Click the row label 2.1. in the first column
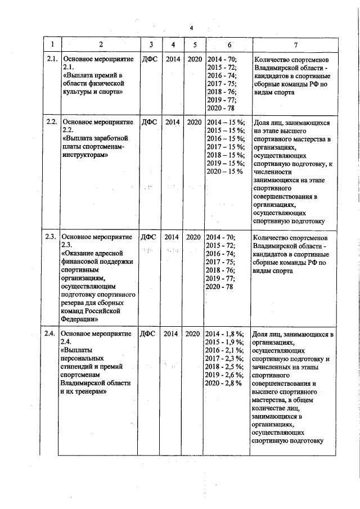click(52, 59)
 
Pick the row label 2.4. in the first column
click(52, 334)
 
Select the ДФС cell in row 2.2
click(149, 122)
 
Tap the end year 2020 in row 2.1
click(194, 59)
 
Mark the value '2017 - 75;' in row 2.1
click(222, 83)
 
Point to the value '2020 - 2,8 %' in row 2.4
click(224, 383)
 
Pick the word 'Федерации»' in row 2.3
click(82, 318)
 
